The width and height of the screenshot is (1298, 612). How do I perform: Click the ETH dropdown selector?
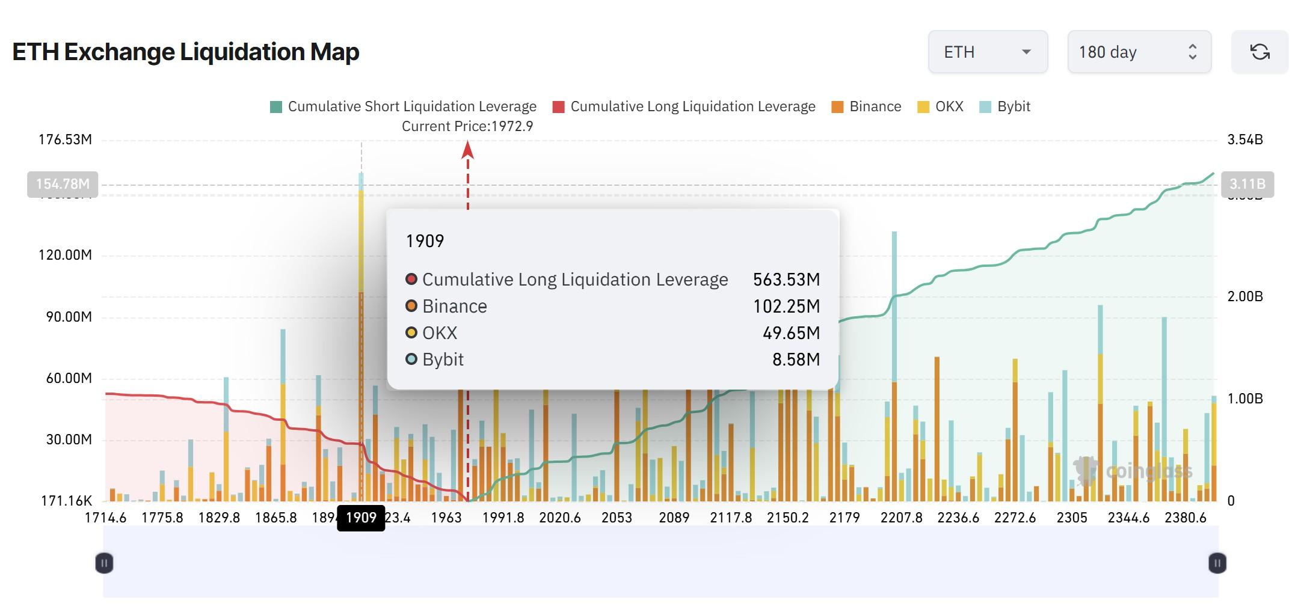tap(987, 52)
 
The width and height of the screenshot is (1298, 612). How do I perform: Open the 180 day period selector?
tap(1139, 52)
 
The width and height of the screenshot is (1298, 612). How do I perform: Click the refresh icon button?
tap(1260, 52)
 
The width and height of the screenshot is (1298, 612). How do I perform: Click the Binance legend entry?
tap(866, 107)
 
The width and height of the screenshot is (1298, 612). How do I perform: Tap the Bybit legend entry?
tap(1005, 107)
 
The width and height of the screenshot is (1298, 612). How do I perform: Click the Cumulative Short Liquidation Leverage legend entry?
tap(403, 107)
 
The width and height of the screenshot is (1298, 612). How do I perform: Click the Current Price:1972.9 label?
tap(467, 126)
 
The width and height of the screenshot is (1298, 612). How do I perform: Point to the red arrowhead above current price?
tap(467, 150)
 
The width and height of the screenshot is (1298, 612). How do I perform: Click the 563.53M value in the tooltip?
tap(786, 280)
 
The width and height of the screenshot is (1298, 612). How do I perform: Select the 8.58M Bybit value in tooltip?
tap(796, 360)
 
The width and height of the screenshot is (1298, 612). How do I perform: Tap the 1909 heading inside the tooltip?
tap(425, 241)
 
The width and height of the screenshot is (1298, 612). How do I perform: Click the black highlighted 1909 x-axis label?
tap(361, 518)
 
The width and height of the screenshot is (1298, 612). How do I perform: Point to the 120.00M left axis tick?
tap(65, 255)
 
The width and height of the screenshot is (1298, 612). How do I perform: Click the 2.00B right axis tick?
tap(1244, 296)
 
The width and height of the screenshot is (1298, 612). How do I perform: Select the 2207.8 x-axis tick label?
tap(901, 518)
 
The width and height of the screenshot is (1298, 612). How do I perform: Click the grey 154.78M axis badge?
tap(63, 184)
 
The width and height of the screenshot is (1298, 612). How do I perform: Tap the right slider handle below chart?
tap(1217, 563)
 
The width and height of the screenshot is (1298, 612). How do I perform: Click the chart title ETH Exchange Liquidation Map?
tap(185, 52)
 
